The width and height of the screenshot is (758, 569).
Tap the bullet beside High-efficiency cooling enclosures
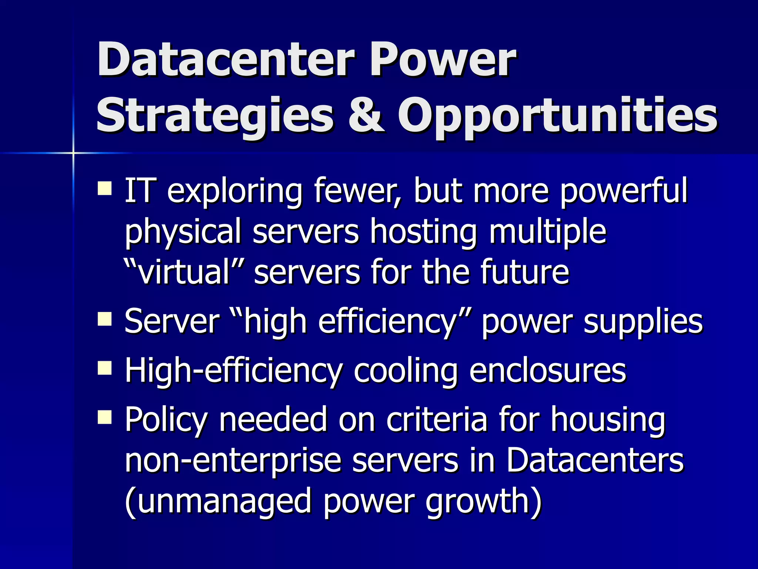click(105, 368)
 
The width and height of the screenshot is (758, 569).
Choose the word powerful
click(623, 193)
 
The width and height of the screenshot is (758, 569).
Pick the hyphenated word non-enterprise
click(233, 462)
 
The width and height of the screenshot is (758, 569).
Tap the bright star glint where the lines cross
click(73, 153)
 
